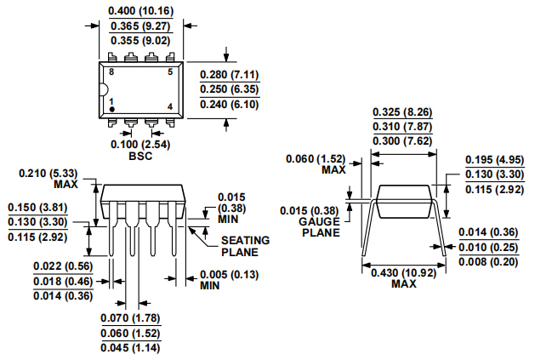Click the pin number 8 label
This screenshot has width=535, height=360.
(x=111, y=73)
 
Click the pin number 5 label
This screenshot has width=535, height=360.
(x=169, y=73)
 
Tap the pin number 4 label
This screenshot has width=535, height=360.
(x=169, y=106)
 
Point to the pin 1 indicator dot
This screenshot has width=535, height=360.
(x=111, y=110)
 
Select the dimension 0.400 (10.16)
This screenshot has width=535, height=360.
(x=140, y=11)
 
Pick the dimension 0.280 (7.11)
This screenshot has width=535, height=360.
(x=230, y=75)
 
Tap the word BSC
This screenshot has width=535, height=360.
(x=139, y=157)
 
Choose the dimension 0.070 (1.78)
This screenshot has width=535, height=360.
(x=130, y=318)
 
